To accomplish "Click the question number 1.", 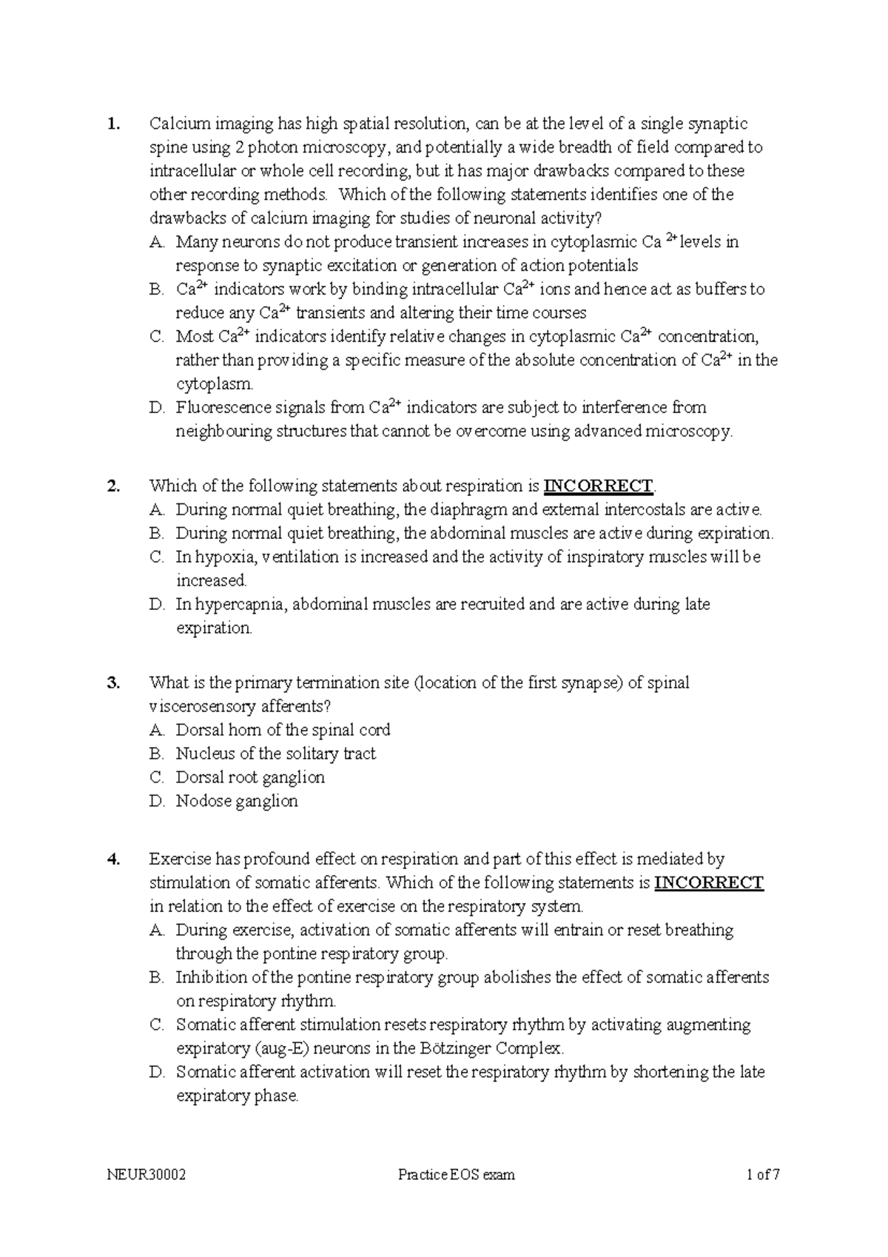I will pos(112,124).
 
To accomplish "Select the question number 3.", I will pos(112,683).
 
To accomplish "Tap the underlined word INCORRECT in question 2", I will pos(599,486).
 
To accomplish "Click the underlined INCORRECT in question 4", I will pos(709,883).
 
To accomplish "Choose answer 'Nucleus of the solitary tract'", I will pos(275,754).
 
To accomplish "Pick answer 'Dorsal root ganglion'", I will pos(250,777).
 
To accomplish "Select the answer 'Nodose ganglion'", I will pos(237,801).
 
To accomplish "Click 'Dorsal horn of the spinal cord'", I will pos(283,730).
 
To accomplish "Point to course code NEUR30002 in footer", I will pos(147,1175).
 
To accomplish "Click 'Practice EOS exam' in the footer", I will pos(456,1175).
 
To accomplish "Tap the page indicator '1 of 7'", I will pos(764,1175).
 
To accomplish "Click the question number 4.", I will pos(112,859).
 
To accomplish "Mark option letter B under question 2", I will pos(155,534).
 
